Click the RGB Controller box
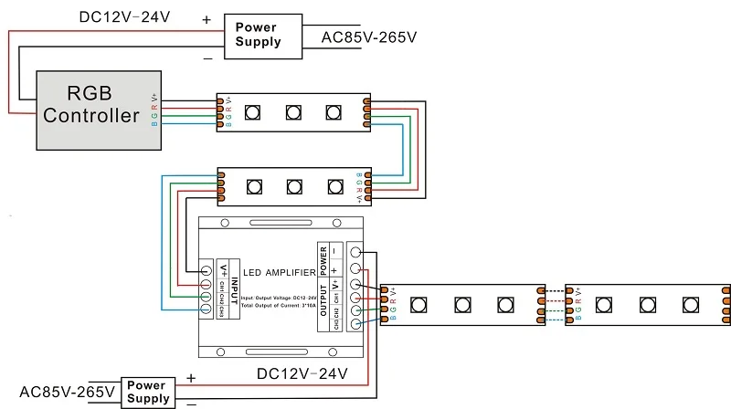coord(90,110)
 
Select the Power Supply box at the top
coord(258,35)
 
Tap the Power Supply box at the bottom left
coord(148,392)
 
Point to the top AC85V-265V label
coord(369,37)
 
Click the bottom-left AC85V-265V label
coord(67,392)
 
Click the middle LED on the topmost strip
coord(293,112)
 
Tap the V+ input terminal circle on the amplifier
coord(207,270)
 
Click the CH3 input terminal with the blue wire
coord(207,310)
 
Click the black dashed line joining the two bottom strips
coord(555,289)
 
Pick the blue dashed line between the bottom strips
coord(555,319)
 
